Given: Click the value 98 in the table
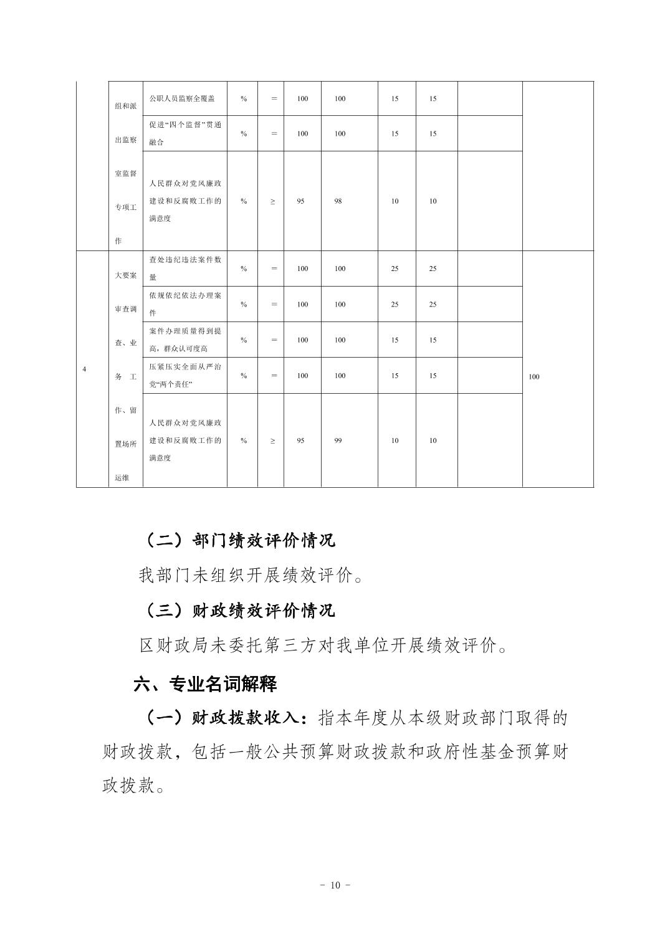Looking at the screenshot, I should (338, 201).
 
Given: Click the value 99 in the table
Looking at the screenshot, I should (338, 440).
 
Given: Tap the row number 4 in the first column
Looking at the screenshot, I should (84, 369).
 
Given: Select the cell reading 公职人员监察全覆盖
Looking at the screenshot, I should (181, 98).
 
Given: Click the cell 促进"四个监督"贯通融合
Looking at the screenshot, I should (185, 133).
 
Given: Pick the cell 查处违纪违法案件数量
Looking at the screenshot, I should (185, 269).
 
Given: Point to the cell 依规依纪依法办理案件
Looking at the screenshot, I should (185, 304).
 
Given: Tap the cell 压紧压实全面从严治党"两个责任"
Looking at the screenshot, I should (185, 376).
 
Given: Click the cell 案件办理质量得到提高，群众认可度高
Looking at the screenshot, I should (185, 340).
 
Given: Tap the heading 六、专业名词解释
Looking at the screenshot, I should (206, 684).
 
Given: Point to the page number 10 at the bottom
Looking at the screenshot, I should (335, 885).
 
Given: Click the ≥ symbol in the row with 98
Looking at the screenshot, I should (273, 201).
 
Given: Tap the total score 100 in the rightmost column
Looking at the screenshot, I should (534, 376).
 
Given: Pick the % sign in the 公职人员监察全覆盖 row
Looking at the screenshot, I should (244, 98).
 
